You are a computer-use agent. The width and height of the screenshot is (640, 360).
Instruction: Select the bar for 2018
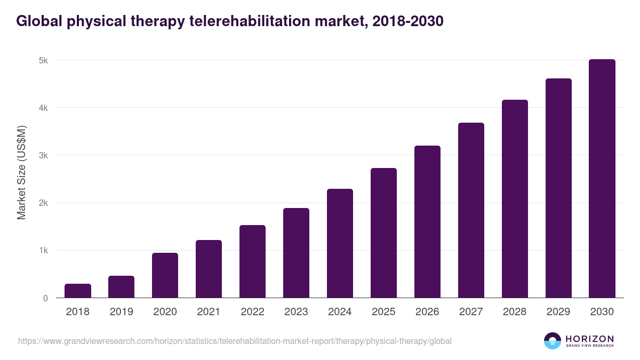pos(78,291)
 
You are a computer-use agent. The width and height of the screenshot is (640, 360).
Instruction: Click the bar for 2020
pos(165,275)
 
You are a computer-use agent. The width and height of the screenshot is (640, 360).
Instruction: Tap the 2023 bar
pos(296,253)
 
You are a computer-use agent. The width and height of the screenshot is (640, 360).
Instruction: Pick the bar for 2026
pos(427,221)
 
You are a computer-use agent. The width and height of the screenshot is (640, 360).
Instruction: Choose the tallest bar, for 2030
pos(602,178)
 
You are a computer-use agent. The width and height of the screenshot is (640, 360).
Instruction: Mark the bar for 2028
pos(515,198)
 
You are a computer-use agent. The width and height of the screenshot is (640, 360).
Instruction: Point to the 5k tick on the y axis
pos(43,60)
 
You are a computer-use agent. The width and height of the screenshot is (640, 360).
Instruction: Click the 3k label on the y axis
pos(43,156)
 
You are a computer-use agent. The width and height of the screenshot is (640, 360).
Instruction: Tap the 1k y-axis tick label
pos(43,251)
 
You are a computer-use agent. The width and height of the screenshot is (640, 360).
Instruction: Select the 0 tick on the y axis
pos(45,298)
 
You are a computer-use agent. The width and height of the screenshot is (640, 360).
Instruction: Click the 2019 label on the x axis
pos(121,312)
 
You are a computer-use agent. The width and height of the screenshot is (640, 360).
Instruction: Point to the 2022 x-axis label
pos(252,312)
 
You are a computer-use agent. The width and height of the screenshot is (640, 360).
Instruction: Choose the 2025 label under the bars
pos(383,312)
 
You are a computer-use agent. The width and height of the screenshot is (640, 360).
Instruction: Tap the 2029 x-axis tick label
pos(558,312)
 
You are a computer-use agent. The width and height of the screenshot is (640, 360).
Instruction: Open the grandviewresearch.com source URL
pos(235,341)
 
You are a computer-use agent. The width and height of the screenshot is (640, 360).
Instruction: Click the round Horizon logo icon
pos(553,341)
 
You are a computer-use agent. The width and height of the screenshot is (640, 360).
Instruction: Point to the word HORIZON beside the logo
pos(589,338)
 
